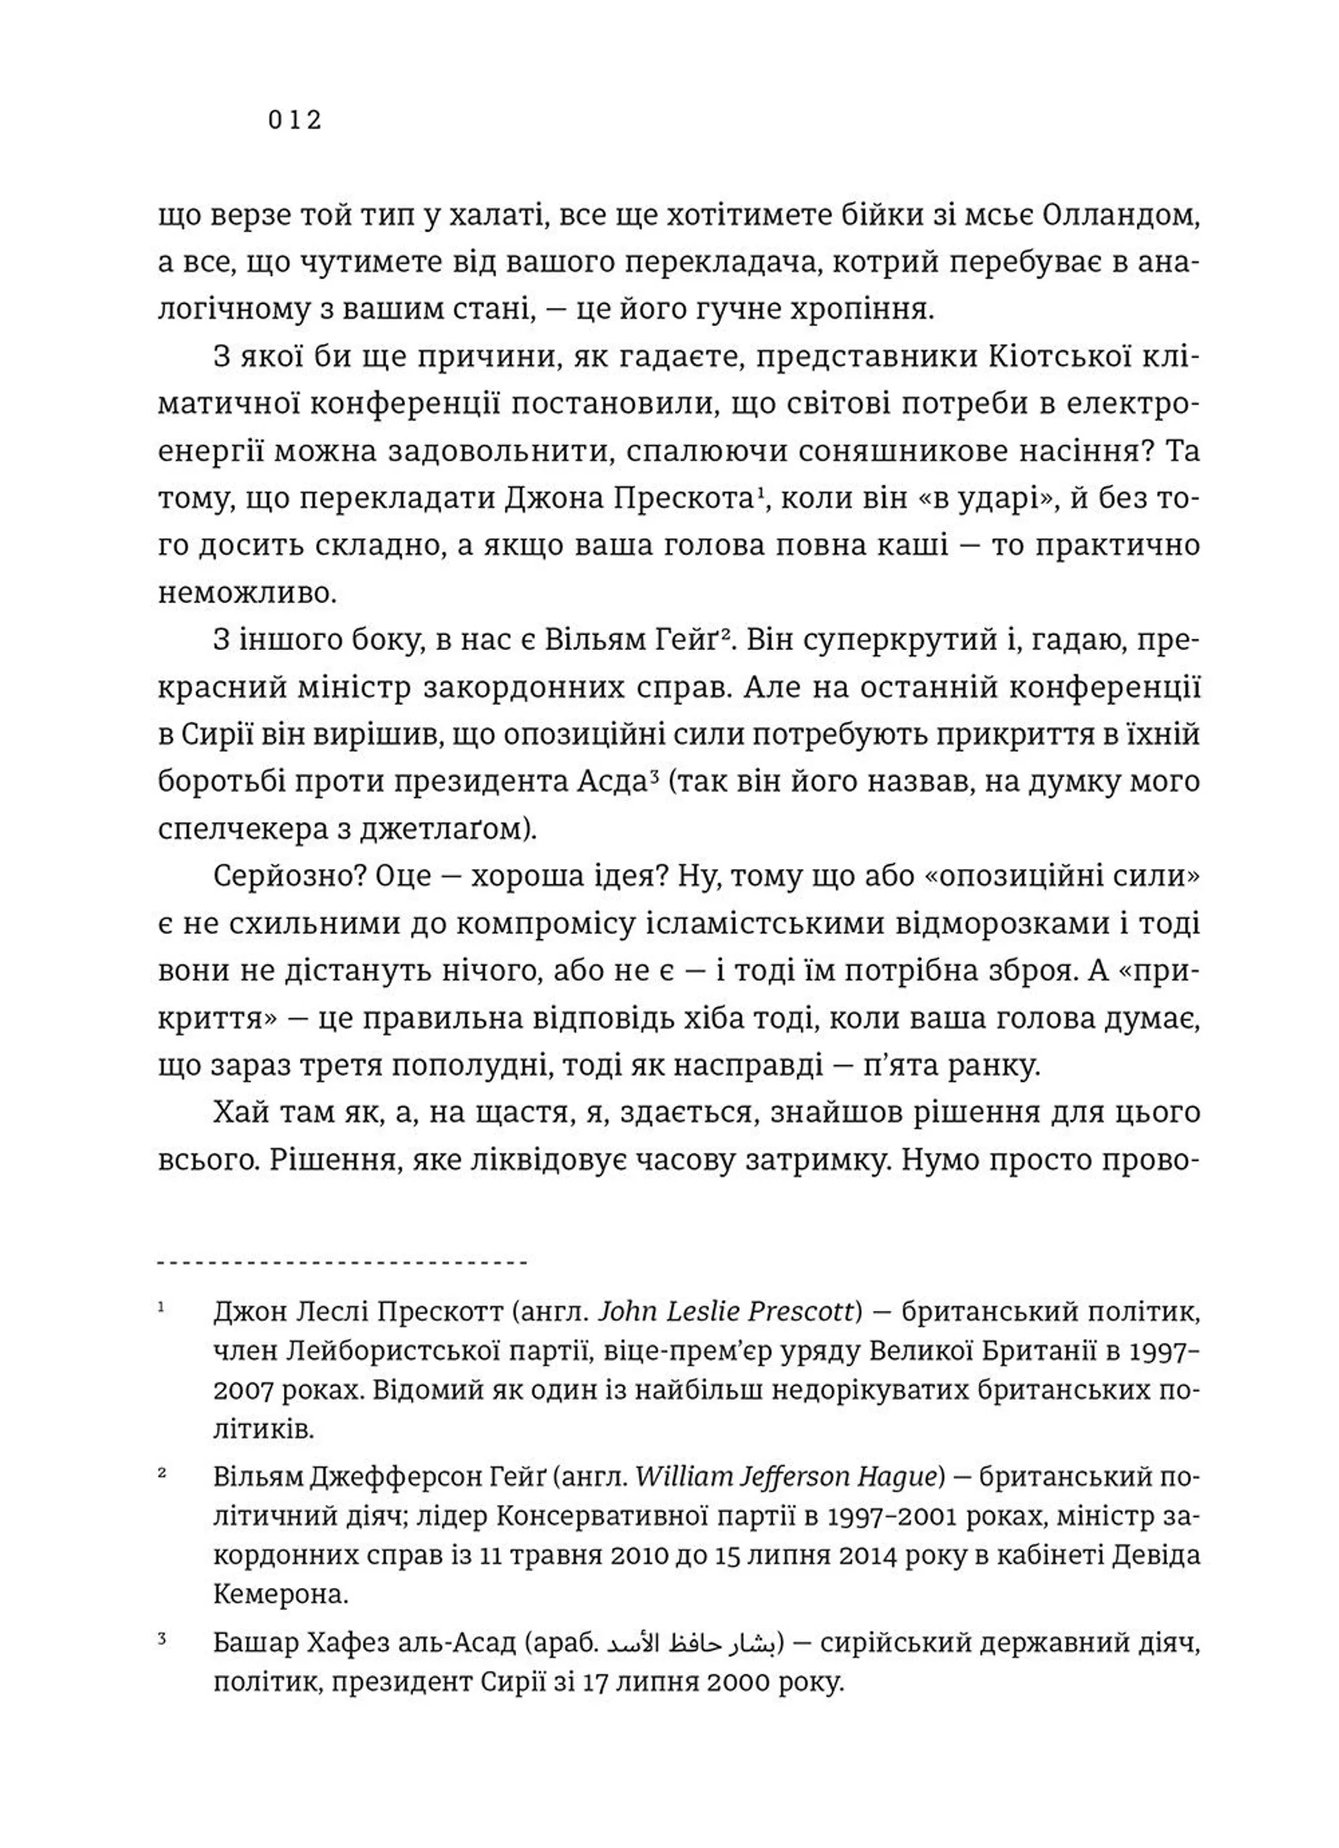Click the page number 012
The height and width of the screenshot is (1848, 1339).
pyautogui.click(x=294, y=121)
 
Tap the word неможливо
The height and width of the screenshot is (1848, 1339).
pyautogui.click(x=247, y=593)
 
